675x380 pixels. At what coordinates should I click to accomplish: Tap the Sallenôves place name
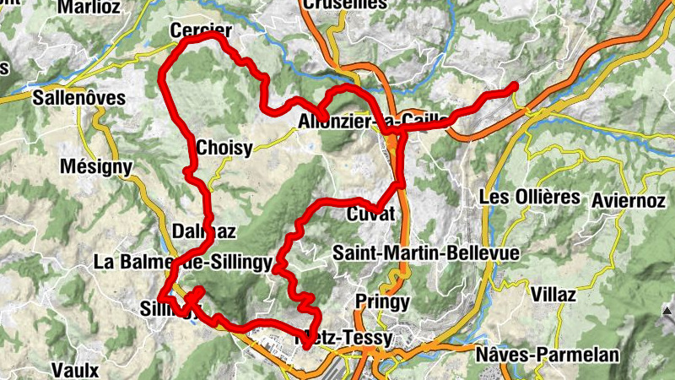coord(78,98)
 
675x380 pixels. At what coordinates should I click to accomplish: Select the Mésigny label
coord(96,167)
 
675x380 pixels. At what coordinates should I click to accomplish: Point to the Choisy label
coord(224,149)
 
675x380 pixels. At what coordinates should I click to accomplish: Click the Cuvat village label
coord(370,214)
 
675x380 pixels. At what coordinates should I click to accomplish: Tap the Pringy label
coord(382,301)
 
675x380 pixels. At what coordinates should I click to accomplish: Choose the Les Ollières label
coord(529,198)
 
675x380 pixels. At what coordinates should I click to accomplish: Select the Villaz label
coord(553,295)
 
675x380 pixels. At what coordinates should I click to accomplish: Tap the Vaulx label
coord(75,370)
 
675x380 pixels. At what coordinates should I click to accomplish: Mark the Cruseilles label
coord(344,5)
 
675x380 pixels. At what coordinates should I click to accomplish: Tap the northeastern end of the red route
coord(514,86)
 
